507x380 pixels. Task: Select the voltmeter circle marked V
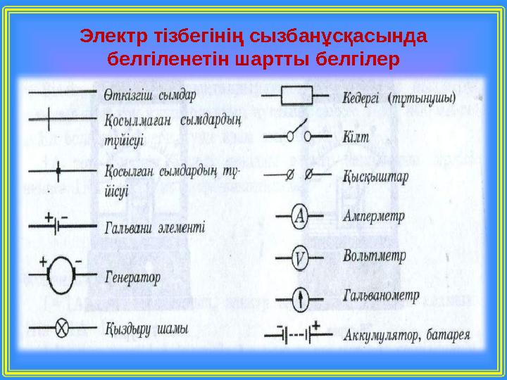(x=299, y=260)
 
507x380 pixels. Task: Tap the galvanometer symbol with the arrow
(x=299, y=300)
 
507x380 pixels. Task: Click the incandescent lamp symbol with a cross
(x=62, y=329)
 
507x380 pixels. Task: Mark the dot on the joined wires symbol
(x=58, y=171)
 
